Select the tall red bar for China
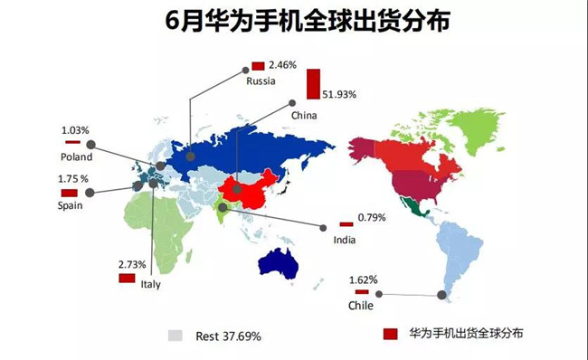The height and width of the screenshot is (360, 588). (314, 83)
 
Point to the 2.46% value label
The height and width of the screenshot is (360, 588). (285, 65)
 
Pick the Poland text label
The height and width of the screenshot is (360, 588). (77, 156)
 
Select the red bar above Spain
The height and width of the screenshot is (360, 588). (69, 193)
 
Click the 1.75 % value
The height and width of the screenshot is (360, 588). (73, 179)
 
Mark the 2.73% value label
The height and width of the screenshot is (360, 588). (132, 264)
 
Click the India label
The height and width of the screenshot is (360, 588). (344, 240)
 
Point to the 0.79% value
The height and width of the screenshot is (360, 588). (372, 218)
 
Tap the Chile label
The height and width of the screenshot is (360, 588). (361, 307)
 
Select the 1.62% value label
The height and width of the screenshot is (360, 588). (362, 280)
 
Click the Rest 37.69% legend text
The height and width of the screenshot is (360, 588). (229, 336)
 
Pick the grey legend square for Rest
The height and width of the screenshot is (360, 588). (175, 336)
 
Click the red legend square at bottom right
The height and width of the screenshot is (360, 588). (391, 335)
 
